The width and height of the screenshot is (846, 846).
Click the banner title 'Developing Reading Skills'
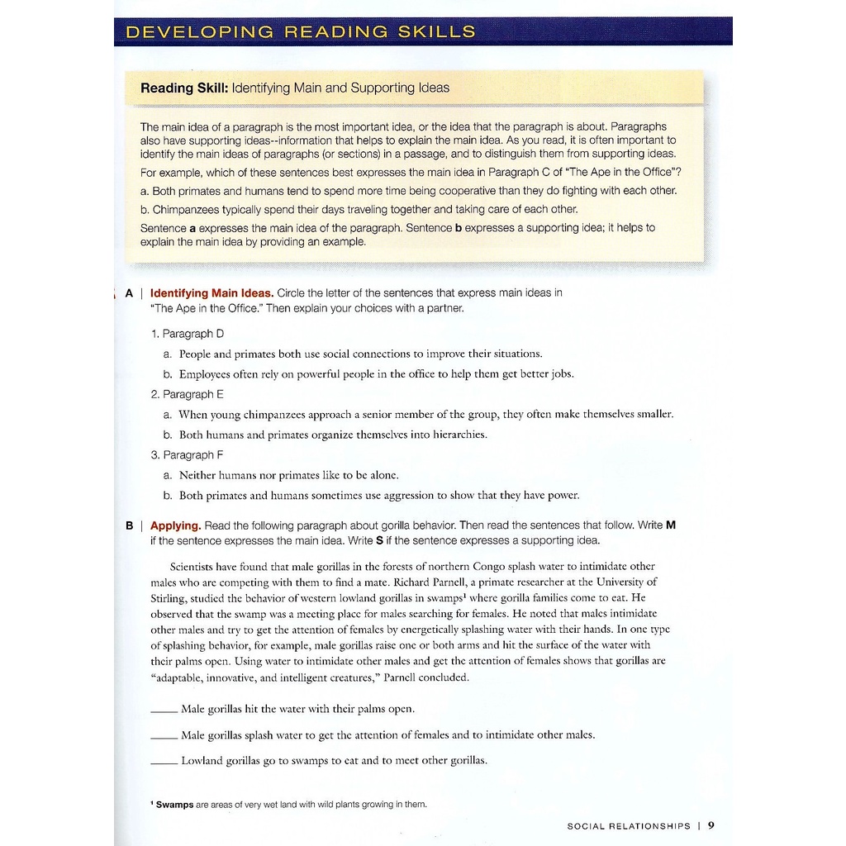300,32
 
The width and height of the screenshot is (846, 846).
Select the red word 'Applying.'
175,525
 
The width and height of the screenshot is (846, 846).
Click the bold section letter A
129,292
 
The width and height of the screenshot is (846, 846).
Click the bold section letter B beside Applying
130,525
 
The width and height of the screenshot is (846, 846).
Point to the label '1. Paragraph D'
188,334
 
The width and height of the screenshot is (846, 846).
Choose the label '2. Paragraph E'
188,394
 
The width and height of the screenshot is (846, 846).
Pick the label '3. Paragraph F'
188,454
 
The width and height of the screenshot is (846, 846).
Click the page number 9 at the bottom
711,825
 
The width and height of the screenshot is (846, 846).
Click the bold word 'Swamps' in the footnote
174,805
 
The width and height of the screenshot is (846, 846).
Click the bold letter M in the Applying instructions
671,525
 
